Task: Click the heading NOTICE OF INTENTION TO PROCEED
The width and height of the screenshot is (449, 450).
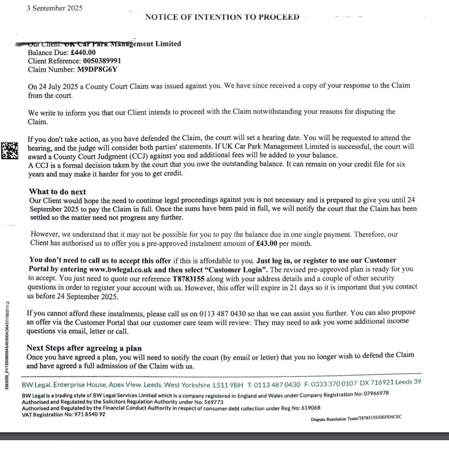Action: [222, 17]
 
